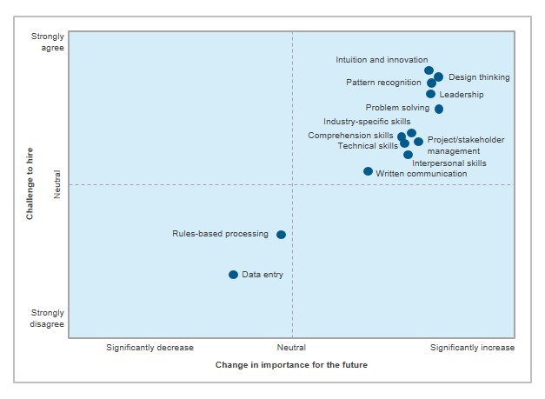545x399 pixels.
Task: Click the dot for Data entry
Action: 233,275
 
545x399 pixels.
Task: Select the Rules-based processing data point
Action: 281,235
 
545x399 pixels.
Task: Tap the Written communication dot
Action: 368,171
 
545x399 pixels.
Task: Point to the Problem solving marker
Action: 439,109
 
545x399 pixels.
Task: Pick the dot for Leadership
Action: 430,94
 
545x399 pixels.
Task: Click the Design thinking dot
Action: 439,77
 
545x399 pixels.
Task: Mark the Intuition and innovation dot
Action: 429,70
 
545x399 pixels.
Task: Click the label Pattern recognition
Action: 383,83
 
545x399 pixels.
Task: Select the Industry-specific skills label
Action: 367,122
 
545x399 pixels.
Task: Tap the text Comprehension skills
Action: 350,136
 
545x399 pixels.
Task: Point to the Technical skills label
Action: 368,146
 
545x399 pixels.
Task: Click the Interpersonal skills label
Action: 449,163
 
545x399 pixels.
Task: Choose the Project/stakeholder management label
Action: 466,145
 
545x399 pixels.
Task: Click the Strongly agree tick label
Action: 48,43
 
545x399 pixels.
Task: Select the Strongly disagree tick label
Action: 48,318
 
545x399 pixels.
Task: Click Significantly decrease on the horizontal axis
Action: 150,348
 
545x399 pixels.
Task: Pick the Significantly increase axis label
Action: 473,348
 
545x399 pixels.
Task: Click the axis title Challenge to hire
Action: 30,184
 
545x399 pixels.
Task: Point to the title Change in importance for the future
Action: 291,365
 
